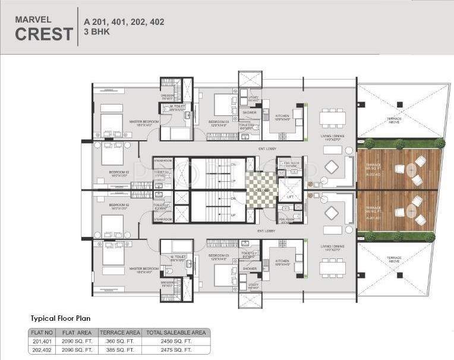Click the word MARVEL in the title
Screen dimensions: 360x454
(x=30, y=18)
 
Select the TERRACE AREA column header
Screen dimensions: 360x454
(x=119, y=333)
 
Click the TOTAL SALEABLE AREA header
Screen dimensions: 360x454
(x=177, y=333)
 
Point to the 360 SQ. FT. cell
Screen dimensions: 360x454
(x=119, y=341)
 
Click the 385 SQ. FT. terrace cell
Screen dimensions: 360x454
(x=119, y=350)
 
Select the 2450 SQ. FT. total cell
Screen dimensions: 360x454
(x=177, y=341)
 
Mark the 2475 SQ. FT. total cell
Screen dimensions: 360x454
(x=177, y=350)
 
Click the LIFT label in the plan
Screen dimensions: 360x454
(x=291, y=195)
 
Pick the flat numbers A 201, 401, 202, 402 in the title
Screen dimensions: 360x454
(x=124, y=22)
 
